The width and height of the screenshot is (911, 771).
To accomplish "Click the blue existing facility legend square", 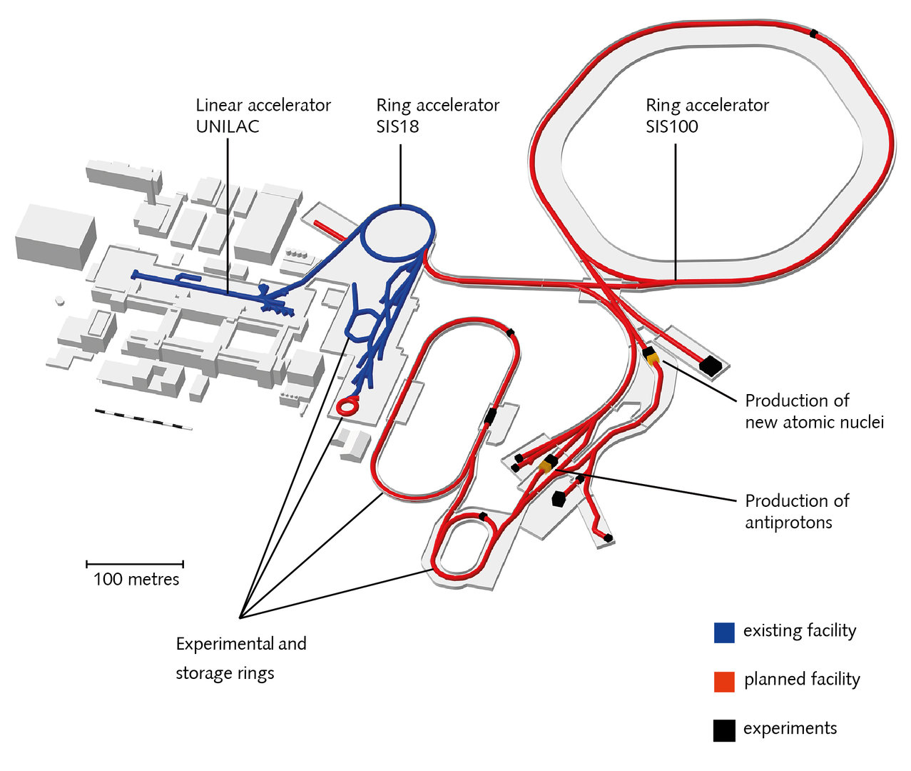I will (724, 633).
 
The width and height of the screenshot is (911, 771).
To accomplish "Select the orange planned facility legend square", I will (724, 681).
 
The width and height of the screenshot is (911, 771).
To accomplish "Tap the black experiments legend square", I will (724, 730).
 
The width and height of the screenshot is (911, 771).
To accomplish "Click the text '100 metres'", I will (136, 579).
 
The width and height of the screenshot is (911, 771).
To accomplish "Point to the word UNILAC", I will (228, 126).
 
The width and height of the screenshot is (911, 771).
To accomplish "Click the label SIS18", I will (397, 126).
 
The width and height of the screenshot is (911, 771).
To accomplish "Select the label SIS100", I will (672, 126).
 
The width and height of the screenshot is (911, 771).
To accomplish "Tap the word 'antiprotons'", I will (788, 523).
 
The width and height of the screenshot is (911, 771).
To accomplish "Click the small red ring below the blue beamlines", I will (347, 406).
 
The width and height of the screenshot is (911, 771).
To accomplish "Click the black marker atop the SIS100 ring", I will (813, 33).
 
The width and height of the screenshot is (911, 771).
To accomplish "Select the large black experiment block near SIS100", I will (711, 366).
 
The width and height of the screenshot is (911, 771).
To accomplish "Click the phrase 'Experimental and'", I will (241, 644).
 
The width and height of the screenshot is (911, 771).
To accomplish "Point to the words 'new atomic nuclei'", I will (814, 422).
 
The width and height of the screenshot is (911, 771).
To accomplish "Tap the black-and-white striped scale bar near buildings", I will (143, 419).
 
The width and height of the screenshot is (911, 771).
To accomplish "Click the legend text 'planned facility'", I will (802, 680).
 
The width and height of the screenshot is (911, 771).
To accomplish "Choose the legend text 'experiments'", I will (790, 729).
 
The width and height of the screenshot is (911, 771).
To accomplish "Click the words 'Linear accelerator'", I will (263, 105).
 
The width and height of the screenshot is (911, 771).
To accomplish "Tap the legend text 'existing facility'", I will (799, 631).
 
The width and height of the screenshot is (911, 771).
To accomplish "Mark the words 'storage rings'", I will (225, 673).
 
